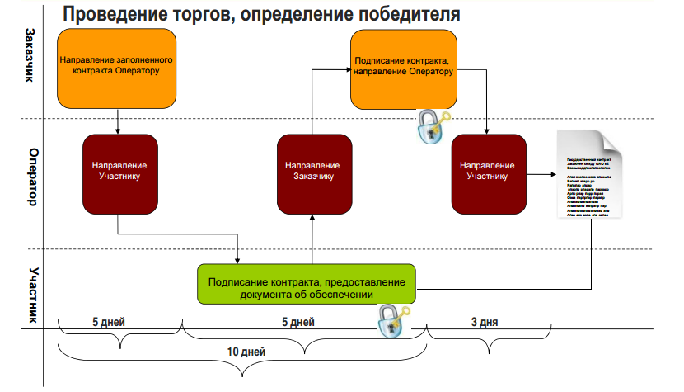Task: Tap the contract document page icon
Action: pyautogui.click(x=588, y=174)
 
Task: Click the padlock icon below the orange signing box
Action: pyautogui.click(x=431, y=126)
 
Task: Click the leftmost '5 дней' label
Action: pyautogui.click(x=110, y=320)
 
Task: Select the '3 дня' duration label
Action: pyautogui.click(x=484, y=320)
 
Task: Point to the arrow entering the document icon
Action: pyautogui.click(x=540, y=174)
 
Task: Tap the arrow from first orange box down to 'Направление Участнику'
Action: pyautogui.click(x=119, y=120)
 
